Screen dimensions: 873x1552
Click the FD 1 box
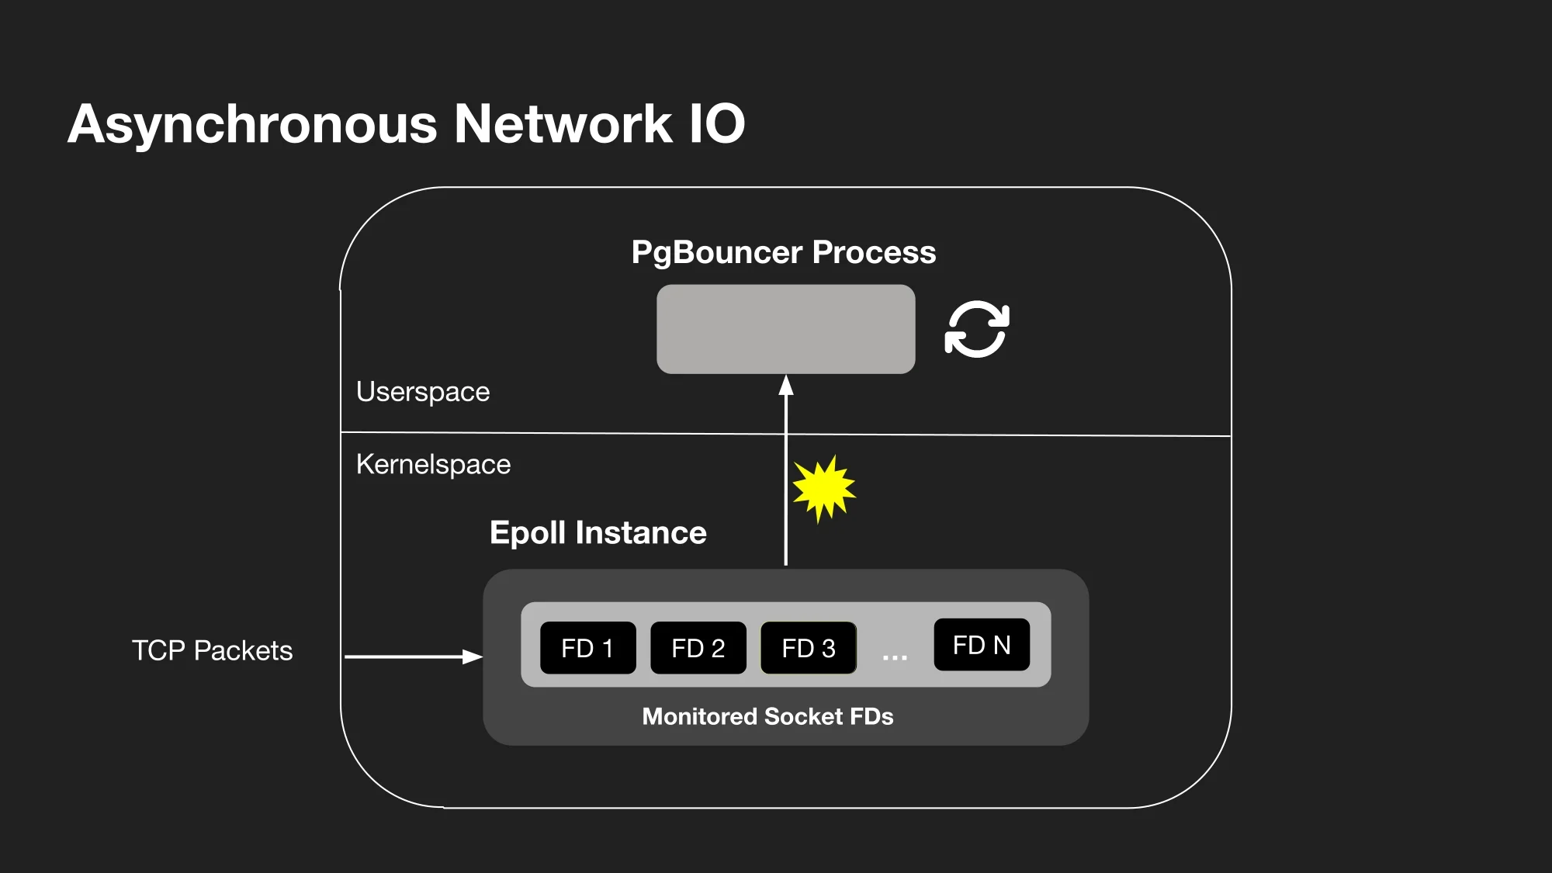point(587,648)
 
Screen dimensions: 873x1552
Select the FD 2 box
point(698,648)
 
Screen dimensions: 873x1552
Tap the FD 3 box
point(808,648)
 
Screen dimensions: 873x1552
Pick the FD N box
point(982,645)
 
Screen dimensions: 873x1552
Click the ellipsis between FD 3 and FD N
point(895,657)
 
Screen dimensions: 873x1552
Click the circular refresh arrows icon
point(977,329)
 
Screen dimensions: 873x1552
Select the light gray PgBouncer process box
point(785,329)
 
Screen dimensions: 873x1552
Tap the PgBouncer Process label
point(784,252)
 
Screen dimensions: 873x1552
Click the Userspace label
point(423,392)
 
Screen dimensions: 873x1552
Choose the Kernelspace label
point(433,464)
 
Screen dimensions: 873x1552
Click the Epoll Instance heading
point(598,532)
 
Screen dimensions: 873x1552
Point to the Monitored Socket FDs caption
point(767,716)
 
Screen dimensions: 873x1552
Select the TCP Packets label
point(212,650)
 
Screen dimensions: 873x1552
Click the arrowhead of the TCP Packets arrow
point(473,656)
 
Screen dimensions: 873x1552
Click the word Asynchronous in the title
point(253,124)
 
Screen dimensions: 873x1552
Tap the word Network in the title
point(563,124)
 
